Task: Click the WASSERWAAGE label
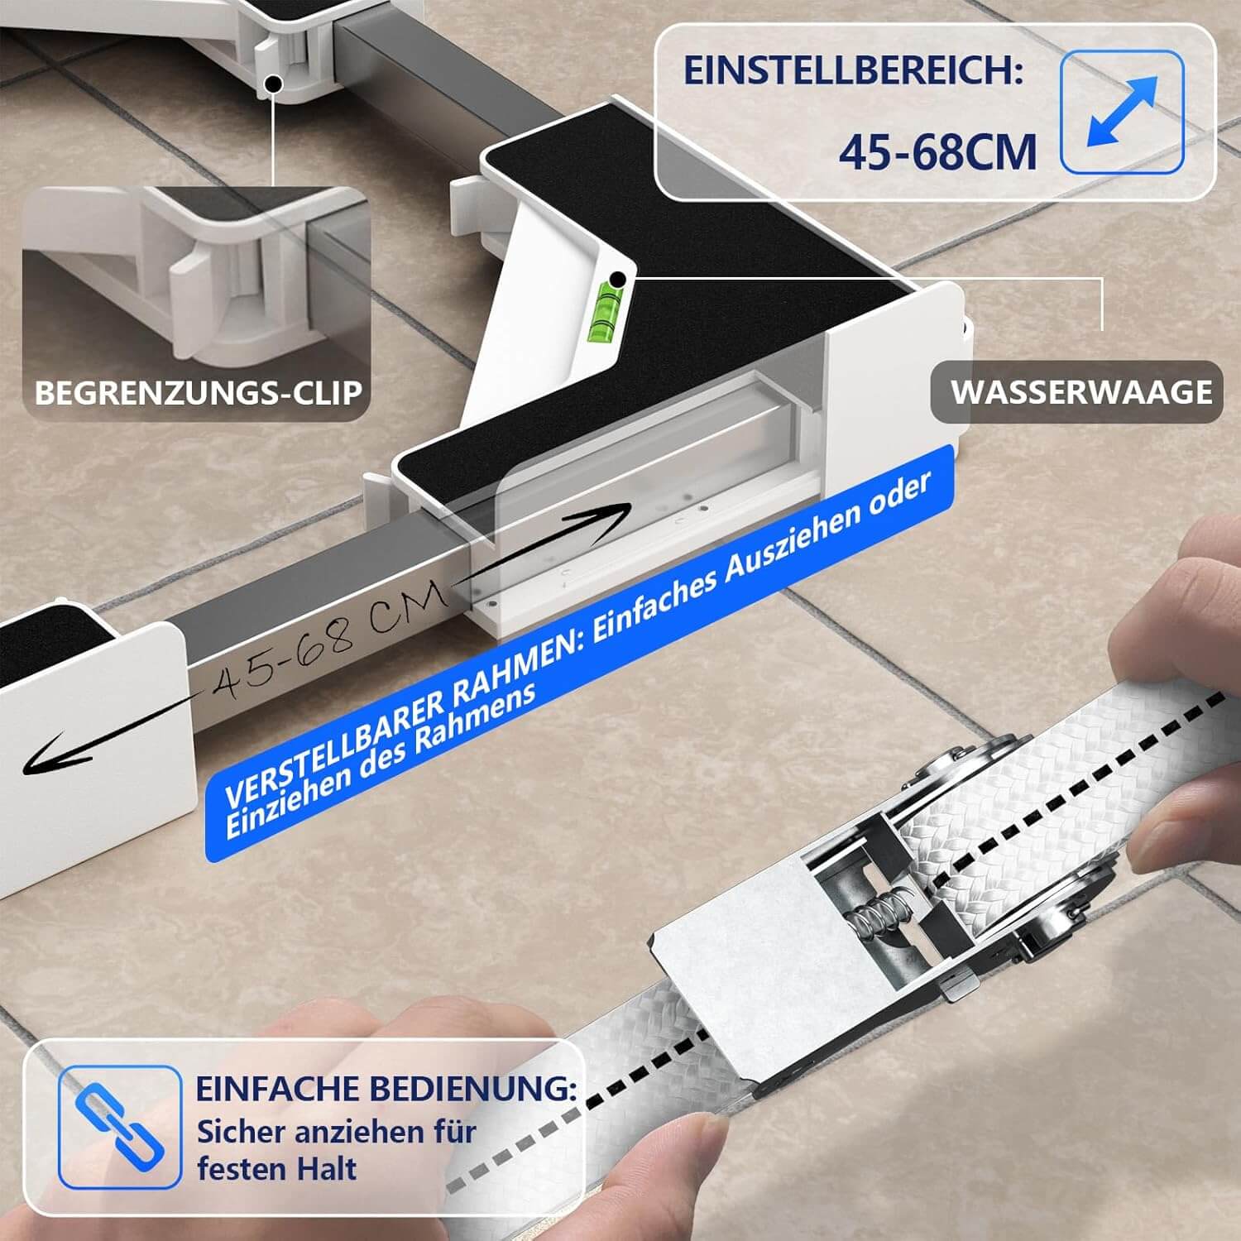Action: coord(1081,391)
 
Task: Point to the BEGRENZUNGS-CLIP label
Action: coord(199,391)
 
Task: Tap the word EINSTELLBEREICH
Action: coord(853,71)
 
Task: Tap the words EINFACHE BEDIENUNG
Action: coord(386,1089)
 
